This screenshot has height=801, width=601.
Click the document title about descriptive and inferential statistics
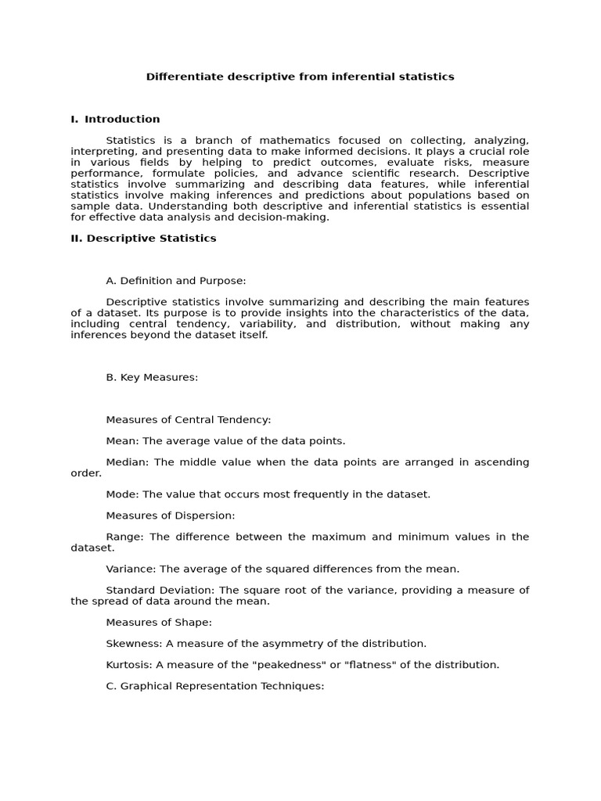pyautogui.click(x=300, y=77)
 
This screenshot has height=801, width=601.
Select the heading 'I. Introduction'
pyautogui.click(x=115, y=119)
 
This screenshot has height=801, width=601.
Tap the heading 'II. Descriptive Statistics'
pyautogui.click(x=143, y=238)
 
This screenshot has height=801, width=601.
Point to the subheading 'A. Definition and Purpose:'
pyautogui.click(x=176, y=281)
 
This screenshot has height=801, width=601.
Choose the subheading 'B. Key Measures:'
pyautogui.click(x=152, y=377)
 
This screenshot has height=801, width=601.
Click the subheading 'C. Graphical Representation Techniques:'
pyautogui.click(x=215, y=686)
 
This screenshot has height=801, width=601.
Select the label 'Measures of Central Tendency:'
pyautogui.click(x=189, y=420)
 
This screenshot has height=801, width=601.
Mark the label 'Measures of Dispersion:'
pyautogui.click(x=171, y=515)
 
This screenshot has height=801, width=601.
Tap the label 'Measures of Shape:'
pyautogui.click(x=159, y=622)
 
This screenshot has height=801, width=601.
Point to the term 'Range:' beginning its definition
pyautogui.click(x=126, y=537)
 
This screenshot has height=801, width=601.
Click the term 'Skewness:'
pyautogui.click(x=133, y=643)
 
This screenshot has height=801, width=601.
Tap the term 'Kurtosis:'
pyautogui.click(x=129, y=665)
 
